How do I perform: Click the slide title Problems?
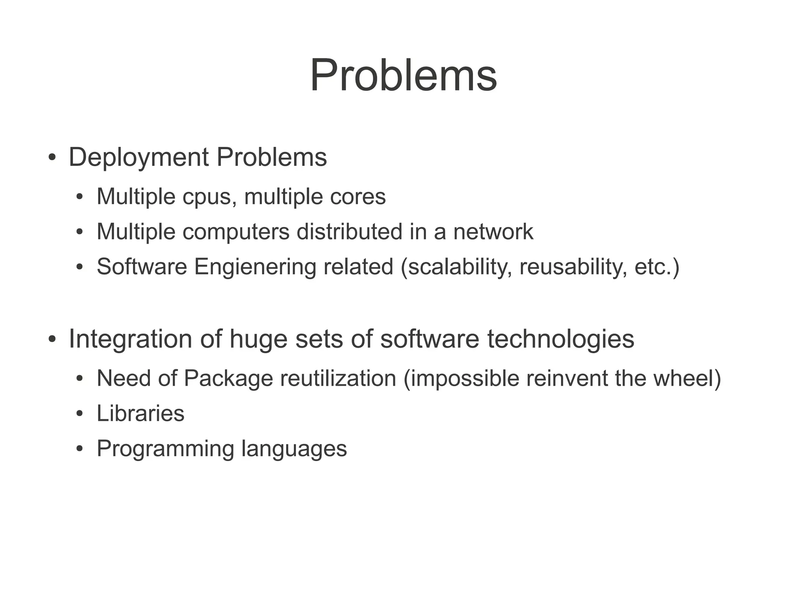(403, 75)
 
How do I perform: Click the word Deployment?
(138, 158)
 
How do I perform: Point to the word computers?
(236, 232)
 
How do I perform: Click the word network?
(493, 232)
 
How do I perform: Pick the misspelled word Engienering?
(255, 267)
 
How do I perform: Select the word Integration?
(131, 339)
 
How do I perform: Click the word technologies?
(561, 339)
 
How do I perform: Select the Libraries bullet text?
(140, 413)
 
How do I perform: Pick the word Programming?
(165, 449)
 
